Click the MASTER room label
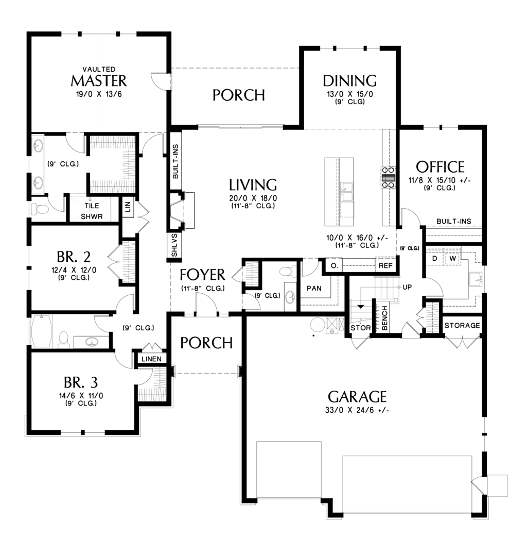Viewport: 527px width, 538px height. [x=98, y=81]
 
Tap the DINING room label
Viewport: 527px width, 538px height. [x=349, y=81]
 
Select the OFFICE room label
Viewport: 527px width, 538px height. [x=440, y=167]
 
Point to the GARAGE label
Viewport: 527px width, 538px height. [x=357, y=396]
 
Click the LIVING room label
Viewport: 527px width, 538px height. [x=253, y=184]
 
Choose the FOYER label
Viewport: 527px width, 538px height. [x=202, y=274]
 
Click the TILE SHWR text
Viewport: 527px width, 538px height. [x=92, y=211]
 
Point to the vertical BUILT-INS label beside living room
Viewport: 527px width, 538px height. [x=175, y=161]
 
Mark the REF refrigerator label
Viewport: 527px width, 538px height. [x=385, y=266]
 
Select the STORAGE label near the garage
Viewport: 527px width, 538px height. [x=462, y=326]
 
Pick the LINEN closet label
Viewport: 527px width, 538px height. [x=151, y=359]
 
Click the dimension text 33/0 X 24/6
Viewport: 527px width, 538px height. [x=357, y=411]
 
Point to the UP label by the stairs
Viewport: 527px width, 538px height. [x=407, y=287]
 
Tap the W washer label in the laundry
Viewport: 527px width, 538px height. [x=453, y=257]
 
